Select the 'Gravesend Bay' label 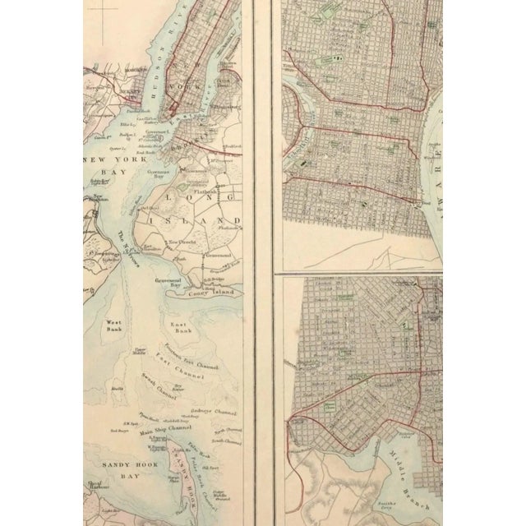(169, 284)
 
